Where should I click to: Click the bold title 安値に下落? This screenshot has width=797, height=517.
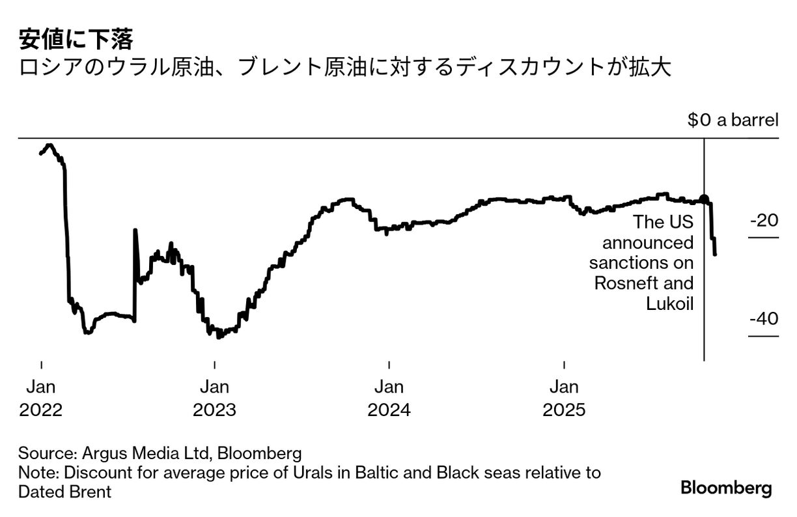76,40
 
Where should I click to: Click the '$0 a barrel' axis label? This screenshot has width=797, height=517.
733,120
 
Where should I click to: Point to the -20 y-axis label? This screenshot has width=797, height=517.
764,221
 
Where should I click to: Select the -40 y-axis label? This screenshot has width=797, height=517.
764,320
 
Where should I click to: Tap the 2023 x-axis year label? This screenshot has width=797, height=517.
214,411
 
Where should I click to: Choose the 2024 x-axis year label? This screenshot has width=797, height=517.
389,411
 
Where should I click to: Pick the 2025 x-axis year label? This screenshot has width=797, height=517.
564,411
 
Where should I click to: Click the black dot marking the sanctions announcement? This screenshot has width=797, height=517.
704,199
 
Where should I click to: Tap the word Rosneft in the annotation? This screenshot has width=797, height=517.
626,284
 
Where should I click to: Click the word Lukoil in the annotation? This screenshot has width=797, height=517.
669,303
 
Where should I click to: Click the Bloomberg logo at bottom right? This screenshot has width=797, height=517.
726,488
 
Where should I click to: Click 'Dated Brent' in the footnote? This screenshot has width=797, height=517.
64,492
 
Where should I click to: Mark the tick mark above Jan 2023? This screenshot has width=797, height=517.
214,364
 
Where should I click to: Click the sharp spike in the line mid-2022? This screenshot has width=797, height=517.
135,231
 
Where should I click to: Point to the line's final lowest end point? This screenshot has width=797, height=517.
716,254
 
